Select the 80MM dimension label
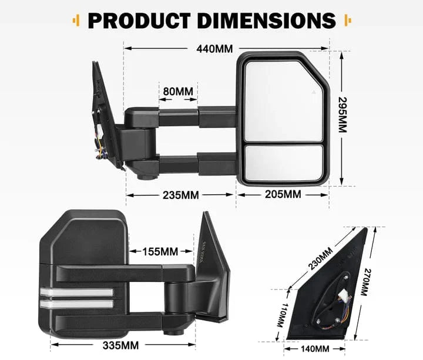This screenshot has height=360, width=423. [178, 92]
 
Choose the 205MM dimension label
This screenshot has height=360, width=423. [282, 194]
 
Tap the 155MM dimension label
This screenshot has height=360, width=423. [160, 252]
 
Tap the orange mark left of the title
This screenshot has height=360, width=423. [75, 21]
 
